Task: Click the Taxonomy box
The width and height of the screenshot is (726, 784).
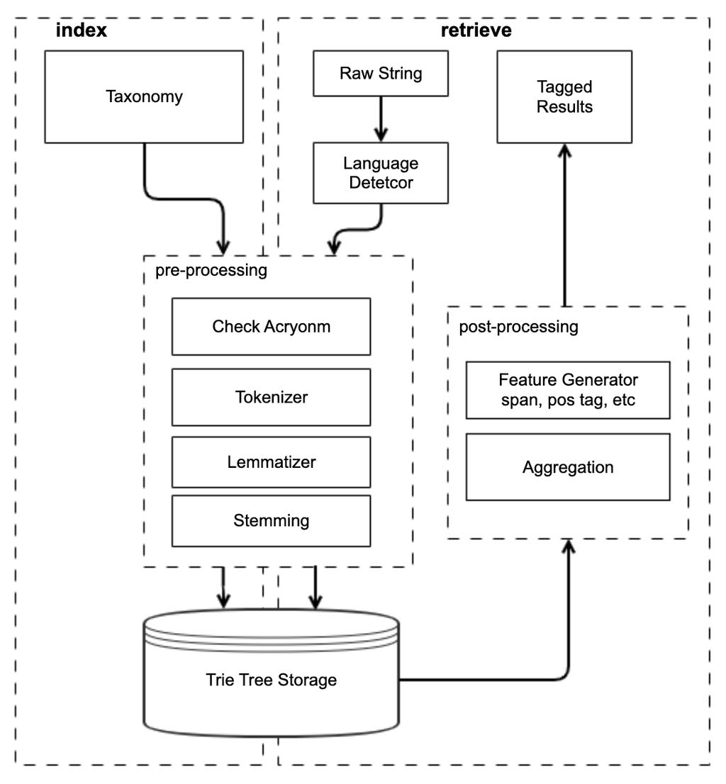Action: click(144, 97)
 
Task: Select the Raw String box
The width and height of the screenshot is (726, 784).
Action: click(381, 73)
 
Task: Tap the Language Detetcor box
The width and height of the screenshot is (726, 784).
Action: click(381, 173)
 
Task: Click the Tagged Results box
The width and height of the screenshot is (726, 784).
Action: click(564, 97)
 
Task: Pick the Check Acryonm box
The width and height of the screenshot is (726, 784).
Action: click(271, 326)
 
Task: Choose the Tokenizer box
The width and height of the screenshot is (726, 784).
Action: click(271, 397)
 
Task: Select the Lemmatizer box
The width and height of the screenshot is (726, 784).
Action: click(271, 462)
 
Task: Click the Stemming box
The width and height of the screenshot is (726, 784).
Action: click(271, 521)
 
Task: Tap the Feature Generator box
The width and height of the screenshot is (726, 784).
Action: click(567, 390)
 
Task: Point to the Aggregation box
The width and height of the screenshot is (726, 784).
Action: click(567, 467)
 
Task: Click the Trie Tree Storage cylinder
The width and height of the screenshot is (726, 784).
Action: click(271, 681)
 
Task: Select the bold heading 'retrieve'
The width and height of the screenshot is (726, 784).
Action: click(476, 30)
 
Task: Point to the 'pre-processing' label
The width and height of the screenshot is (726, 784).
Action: click(211, 270)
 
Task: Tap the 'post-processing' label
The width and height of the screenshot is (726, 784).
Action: click(518, 327)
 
